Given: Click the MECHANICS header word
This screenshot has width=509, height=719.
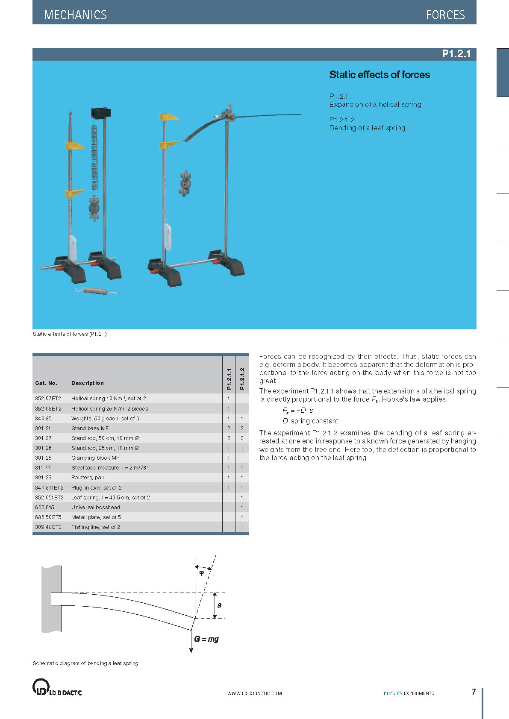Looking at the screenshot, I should [x=75, y=15].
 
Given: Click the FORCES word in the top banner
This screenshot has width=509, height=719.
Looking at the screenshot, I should [x=445, y=15].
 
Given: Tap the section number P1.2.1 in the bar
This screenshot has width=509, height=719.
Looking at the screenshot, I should [x=456, y=54].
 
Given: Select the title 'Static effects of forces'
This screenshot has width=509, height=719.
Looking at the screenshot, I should [x=379, y=75].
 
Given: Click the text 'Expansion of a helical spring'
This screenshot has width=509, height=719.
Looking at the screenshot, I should [x=375, y=104].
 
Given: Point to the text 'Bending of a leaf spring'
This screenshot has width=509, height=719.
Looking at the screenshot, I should [x=367, y=128].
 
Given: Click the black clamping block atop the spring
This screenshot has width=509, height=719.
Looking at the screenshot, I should [x=100, y=113].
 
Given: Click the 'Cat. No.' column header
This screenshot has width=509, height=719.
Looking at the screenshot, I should [x=46, y=383].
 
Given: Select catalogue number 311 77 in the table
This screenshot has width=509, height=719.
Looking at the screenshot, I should [x=43, y=468].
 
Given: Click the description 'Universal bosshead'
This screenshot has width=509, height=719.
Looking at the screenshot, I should [x=96, y=508].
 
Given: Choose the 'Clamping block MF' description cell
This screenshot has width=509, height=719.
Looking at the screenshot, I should [x=95, y=458].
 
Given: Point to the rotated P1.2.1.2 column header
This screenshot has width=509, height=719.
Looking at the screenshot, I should [x=242, y=379].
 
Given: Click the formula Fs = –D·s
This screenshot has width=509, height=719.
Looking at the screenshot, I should [x=298, y=410].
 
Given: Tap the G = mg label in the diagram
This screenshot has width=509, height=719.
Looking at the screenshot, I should [x=206, y=639].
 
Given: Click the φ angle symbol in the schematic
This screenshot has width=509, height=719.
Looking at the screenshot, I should [x=202, y=573].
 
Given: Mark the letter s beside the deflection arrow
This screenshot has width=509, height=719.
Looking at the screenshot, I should [x=219, y=605].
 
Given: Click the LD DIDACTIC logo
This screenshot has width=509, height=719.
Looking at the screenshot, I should [x=57, y=687].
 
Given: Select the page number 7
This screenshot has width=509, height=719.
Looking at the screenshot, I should [x=473, y=692].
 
